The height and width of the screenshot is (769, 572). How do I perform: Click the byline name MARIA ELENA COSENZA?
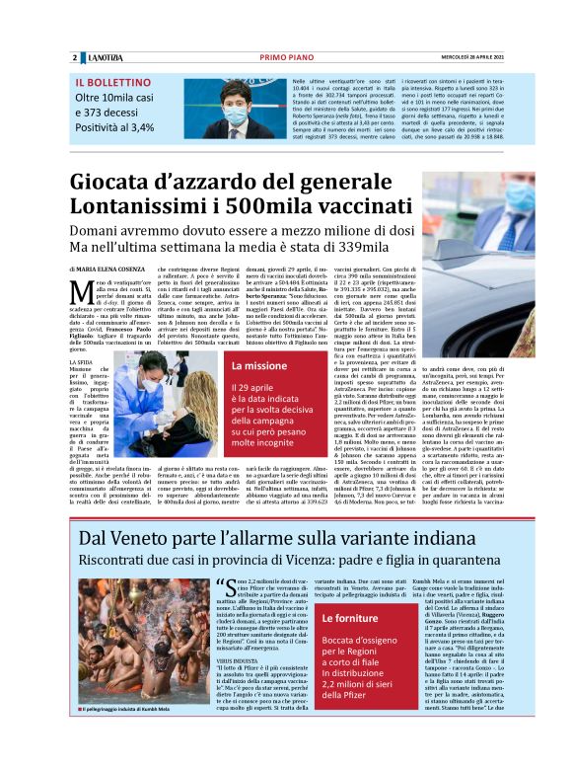(x=118, y=269)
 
